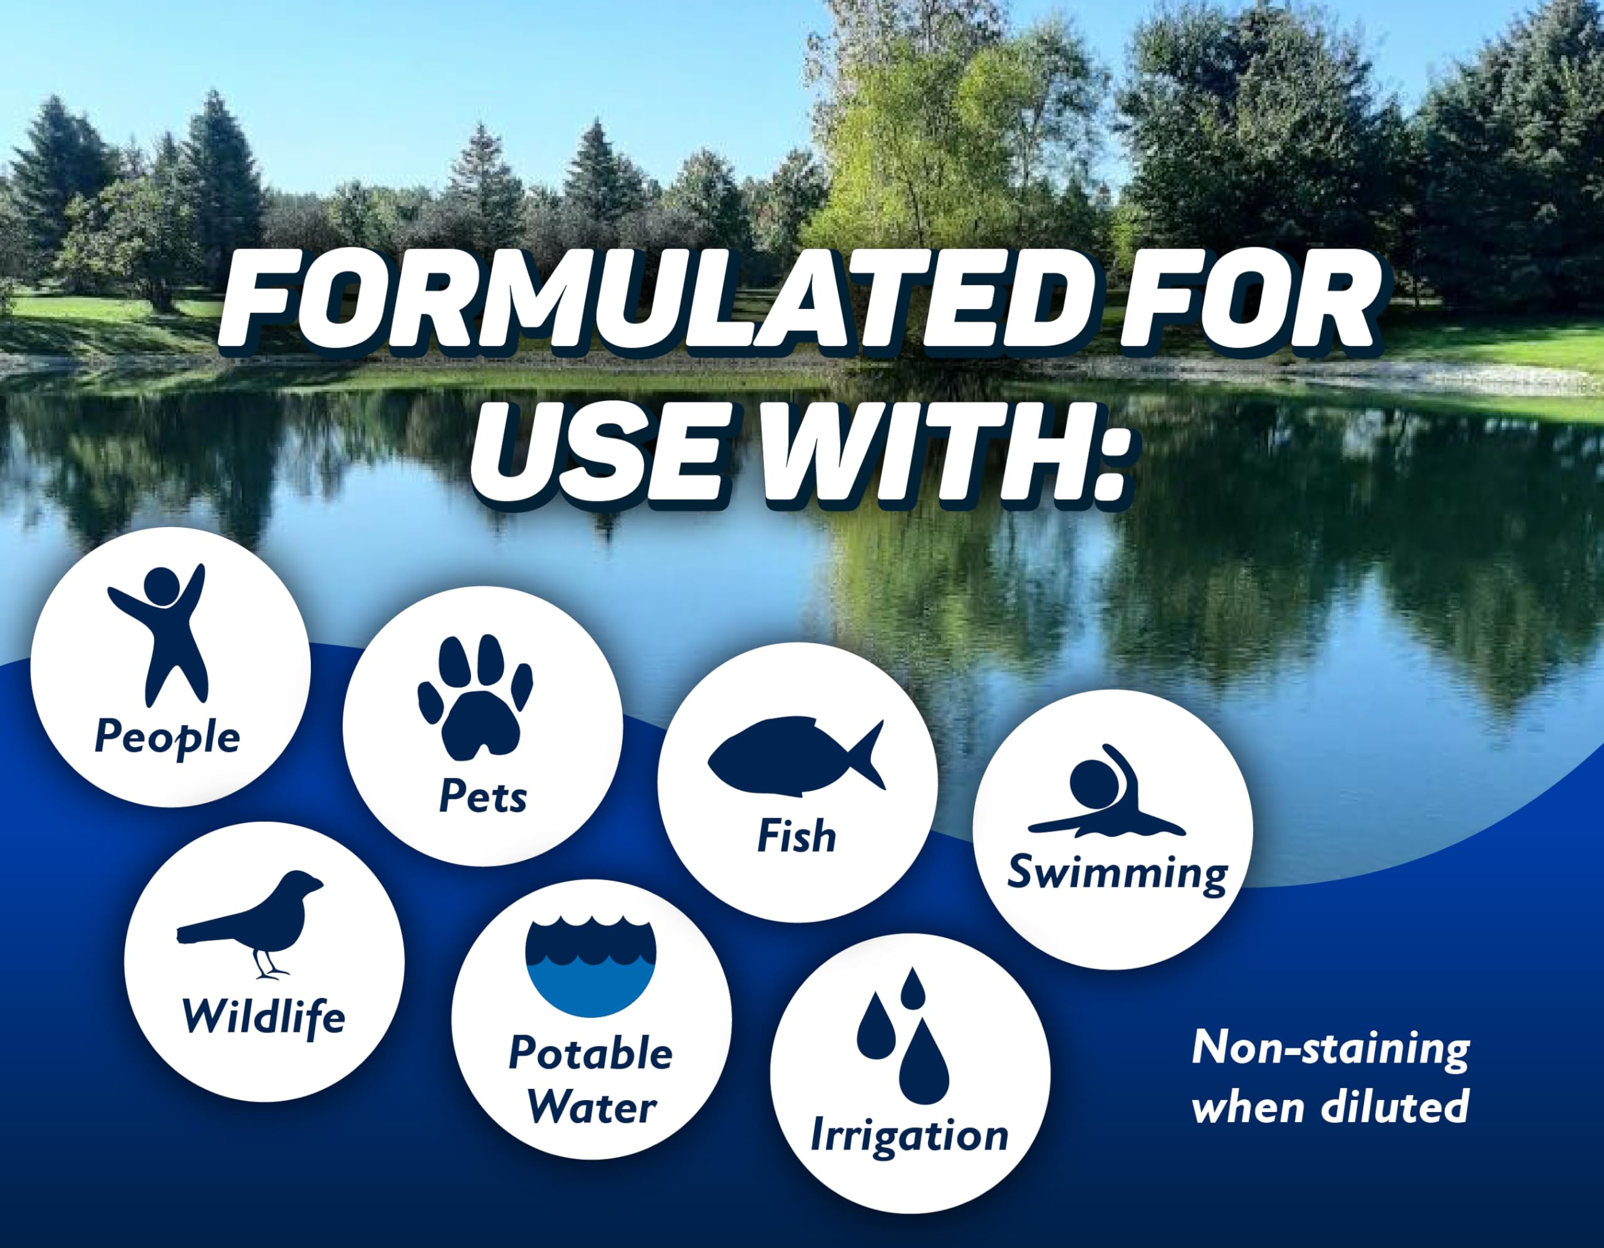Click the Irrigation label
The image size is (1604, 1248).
pos(909,1136)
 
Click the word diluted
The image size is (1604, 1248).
pos(1395,1106)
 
